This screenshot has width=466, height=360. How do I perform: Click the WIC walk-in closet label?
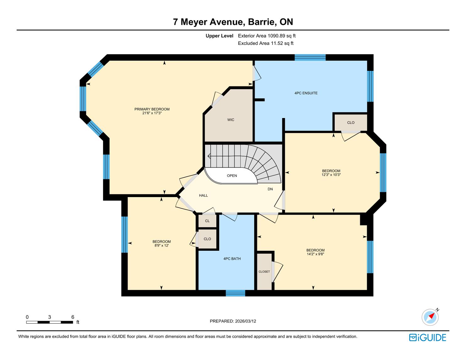coord(231,120)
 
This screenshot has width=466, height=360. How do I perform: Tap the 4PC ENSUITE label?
coord(306,93)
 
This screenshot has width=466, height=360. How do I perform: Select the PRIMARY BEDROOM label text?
coord(152,109)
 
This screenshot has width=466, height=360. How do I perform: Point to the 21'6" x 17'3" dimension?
coord(152,113)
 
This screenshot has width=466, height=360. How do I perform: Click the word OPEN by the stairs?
coord(232,176)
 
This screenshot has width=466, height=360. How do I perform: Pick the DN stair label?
coord(270,189)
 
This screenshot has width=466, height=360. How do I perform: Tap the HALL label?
coord(203,196)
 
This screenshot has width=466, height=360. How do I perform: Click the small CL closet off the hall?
coord(207,221)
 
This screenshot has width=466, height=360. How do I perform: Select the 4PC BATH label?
coord(232,259)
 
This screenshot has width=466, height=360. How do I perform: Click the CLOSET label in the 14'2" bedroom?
coord(264,271)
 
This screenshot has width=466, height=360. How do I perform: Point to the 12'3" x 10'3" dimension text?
coord(331,175)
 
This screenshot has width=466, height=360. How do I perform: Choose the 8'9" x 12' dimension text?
coord(161,245)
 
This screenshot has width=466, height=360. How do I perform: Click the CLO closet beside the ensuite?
coord(351,123)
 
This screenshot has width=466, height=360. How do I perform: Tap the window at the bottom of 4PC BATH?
coord(235,293)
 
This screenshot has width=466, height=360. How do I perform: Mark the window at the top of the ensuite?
coord(310,57)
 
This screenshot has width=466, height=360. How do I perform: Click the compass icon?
coord(430,317)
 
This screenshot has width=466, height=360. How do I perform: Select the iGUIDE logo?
coord(427,337)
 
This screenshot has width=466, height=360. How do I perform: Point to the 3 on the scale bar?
coord(50,317)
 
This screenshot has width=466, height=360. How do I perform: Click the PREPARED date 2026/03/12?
coord(246,321)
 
